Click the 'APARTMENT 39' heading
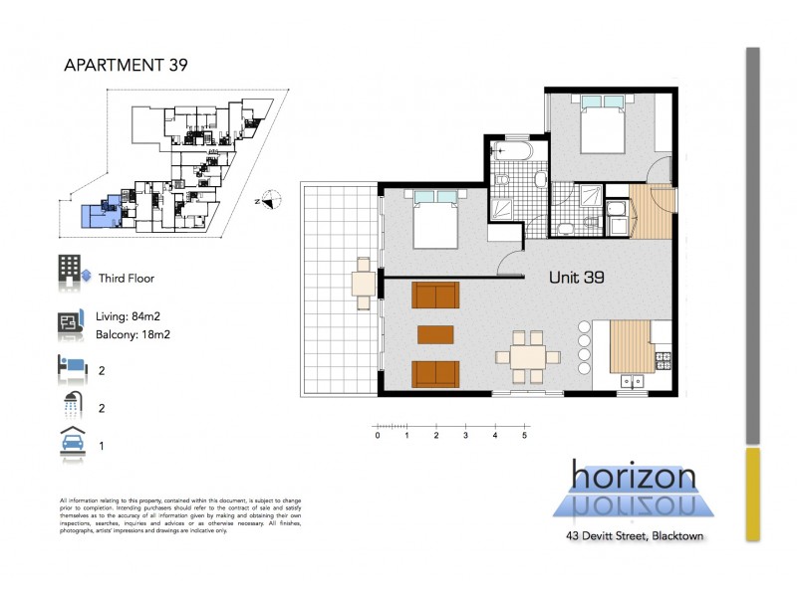[126, 66]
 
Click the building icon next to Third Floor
[70, 271]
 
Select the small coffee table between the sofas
[436, 333]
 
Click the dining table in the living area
[521, 356]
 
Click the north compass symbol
[264, 199]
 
